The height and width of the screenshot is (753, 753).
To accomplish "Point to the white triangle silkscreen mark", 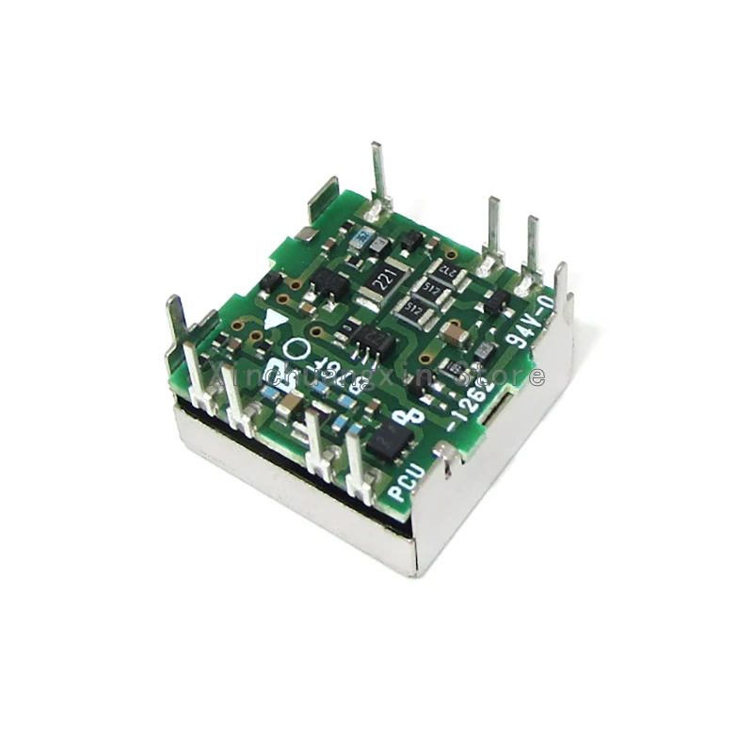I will click(275, 319).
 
